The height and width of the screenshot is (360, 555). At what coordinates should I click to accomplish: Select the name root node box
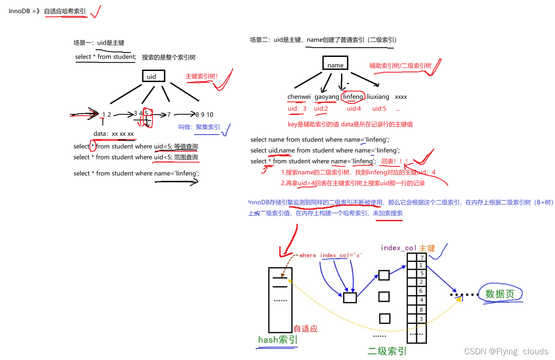point(335,65)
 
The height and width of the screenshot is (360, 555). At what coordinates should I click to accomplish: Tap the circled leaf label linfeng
point(353,96)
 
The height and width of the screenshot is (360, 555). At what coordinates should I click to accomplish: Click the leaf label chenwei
point(299,96)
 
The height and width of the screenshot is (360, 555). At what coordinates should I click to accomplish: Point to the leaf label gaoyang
point(327,96)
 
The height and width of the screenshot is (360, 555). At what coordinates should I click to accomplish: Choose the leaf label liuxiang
point(378,96)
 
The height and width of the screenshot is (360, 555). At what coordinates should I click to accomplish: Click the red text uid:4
point(354,108)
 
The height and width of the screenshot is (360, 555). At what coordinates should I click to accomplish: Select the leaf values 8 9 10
point(204,115)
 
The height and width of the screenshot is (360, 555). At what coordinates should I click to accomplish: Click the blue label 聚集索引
point(208,127)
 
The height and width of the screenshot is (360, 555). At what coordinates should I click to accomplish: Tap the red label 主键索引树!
point(202,76)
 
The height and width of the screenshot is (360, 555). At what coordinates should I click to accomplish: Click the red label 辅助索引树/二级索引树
point(400,66)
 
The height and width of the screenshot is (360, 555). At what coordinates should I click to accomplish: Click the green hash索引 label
point(278,340)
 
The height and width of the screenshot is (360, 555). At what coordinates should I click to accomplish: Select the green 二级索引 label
point(388,351)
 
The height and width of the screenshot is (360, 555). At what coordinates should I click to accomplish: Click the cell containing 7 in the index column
point(422,258)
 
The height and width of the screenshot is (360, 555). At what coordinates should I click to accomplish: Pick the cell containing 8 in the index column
point(422,310)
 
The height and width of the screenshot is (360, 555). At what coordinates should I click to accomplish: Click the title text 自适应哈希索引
point(65,11)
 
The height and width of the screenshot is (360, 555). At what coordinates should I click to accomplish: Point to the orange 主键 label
point(427,248)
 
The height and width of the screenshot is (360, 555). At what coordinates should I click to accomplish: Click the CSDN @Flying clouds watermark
point(506,351)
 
